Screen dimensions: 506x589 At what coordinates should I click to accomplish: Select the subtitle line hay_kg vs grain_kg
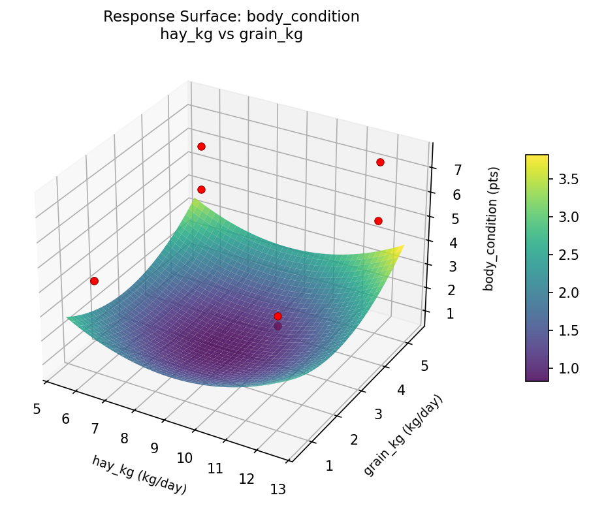(231, 35)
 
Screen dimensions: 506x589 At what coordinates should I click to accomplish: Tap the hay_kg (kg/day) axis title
(139, 475)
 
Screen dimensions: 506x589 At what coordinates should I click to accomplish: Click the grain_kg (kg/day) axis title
(403, 435)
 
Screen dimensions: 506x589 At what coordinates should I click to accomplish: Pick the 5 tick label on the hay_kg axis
(36, 409)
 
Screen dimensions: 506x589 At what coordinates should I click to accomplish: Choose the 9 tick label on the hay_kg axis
(155, 448)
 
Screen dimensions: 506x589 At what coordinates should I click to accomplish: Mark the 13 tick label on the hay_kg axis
(278, 489)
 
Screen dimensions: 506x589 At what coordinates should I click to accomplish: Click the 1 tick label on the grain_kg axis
(328, 466)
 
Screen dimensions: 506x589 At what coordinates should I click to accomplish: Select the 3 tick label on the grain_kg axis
(378, 415)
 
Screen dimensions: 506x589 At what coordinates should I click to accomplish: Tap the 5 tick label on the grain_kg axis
(424, 366)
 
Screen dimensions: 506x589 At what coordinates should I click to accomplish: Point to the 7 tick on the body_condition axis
(458, 170)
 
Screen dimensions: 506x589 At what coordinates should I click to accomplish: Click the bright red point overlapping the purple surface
(278, 316)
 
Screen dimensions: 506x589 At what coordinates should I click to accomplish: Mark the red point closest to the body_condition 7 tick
(380, 162)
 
